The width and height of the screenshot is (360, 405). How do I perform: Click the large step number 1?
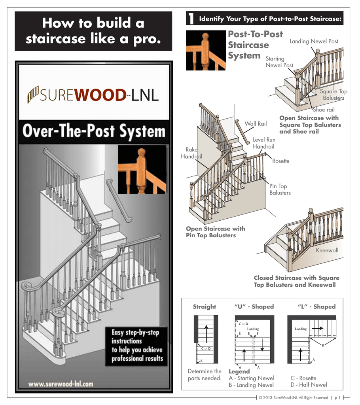[x=191, y=19]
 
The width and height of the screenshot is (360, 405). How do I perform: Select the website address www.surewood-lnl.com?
[x=61, y=384]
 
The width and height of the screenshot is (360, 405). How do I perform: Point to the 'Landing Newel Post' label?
[x=314, y=41]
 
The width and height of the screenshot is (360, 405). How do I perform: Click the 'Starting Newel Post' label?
[x=279, y=62]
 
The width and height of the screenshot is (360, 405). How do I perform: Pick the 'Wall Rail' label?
[x=255, y=124]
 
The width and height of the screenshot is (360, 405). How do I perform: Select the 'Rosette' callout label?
[x=280, y=161]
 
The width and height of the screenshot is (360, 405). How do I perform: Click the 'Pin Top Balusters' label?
[x=280, y=189]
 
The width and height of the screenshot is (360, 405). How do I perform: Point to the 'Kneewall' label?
[x=327, y=250]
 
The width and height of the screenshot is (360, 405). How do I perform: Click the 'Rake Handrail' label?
[x=191, y=153]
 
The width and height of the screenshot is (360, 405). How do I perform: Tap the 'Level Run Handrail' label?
[x=264, y=143]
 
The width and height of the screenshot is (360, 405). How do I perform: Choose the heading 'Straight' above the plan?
[x=204, y=307]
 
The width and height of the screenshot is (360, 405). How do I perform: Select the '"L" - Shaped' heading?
[x=316, y=307]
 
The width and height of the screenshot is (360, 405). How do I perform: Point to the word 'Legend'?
[x=239, y=372]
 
